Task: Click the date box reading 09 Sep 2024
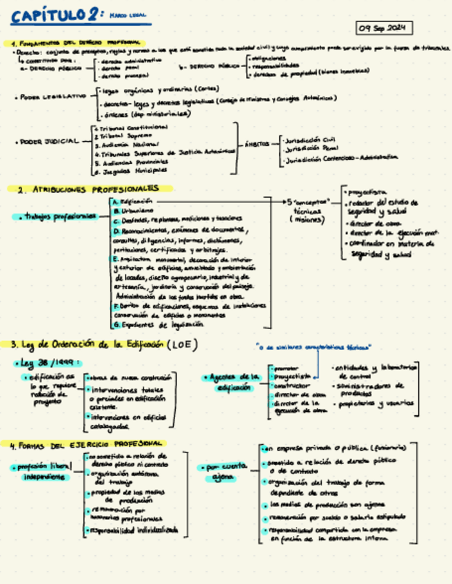(x=384, y=28)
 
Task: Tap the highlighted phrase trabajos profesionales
(x=58, y=216)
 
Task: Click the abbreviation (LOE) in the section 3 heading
(x=181, y=344)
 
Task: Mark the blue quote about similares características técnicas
(x=313, y=347)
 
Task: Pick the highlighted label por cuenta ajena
(x=224, y=472)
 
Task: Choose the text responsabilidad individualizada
(x=132, y=530)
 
